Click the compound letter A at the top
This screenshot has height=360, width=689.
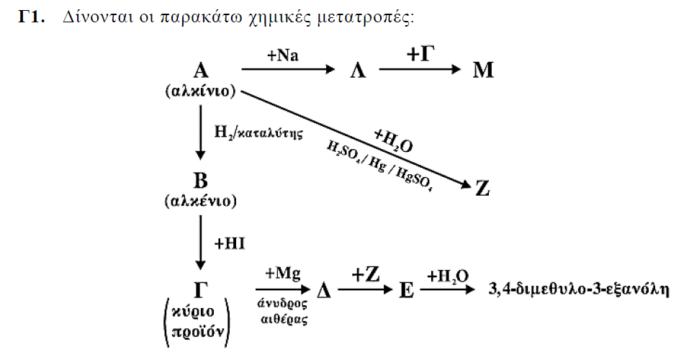click(x=200, y=70)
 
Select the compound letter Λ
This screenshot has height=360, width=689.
click(x=358, y=70)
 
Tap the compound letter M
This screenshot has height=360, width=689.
click(x=483, y=70)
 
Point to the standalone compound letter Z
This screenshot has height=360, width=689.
click(x=482, y=189)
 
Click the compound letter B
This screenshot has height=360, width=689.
click(x=200, y=181)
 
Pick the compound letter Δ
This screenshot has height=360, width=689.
click(x=324, y=289)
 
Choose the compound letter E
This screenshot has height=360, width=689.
click(x=407, y=290)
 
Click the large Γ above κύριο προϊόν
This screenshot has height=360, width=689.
click(x=200, y=290)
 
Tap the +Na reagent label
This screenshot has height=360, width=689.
click(x=282, y=55)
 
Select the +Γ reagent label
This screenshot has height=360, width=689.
click(x=420, y=53)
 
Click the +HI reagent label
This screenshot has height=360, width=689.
click(x=230, y=243)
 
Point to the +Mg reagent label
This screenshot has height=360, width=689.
click(x=283, y=274)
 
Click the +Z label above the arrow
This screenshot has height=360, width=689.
click(x=365, y=275)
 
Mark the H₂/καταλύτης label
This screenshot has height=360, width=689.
click(x=258, y=132)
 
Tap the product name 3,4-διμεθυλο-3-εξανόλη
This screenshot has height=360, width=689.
click(x=579, y=289)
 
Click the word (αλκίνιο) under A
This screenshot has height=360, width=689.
click(x=200, y=91)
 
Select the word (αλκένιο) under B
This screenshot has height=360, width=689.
click(x=200, y=201)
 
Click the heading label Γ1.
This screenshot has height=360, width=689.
click(x=32, y=17)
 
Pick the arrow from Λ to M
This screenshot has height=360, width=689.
click(x=420, y=69)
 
